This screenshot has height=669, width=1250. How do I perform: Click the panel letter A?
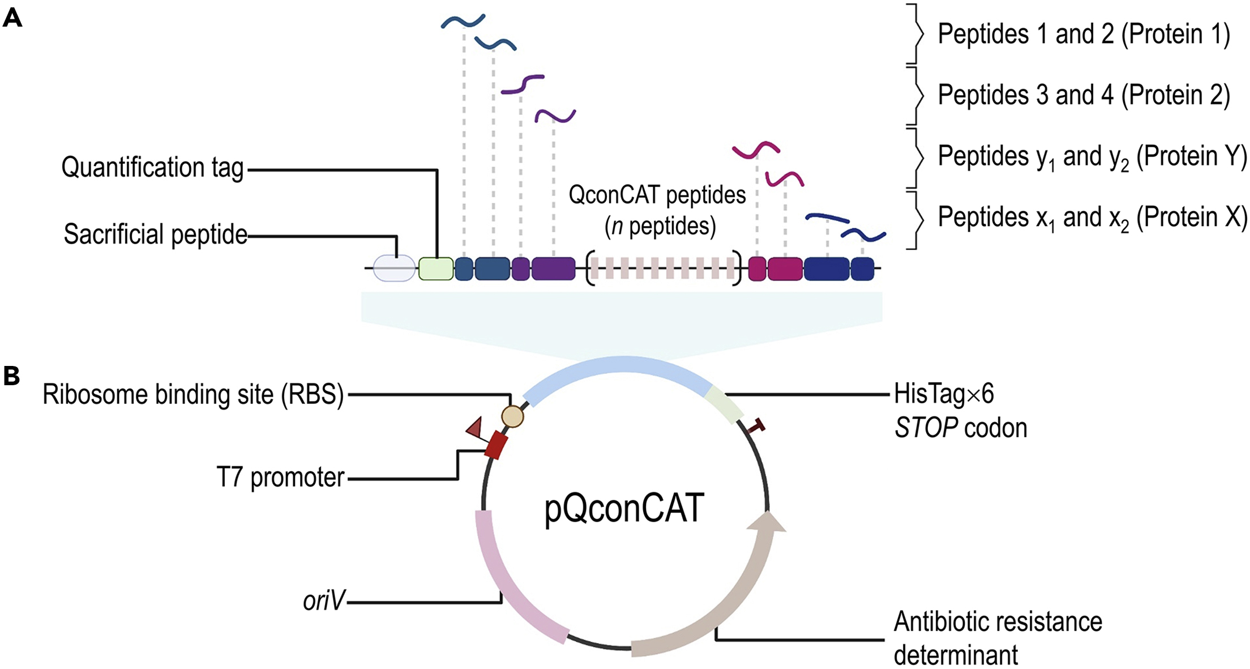click(x=12, y=18)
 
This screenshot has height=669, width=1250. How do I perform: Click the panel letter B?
click(x=11, y=376)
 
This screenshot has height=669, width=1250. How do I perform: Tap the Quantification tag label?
click(x=152, y=168)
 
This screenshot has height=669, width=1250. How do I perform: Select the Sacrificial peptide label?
click(x=155, y=234)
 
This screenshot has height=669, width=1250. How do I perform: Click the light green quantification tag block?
click(x=435, y=269)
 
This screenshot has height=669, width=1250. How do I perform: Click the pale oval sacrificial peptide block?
click(x=395, y=269)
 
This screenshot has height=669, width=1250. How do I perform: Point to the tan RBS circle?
click(x=512, y=417)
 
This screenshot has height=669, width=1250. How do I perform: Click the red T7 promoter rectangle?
click(x=496, y=445)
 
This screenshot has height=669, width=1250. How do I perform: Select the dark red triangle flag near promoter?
click(x=474, y=428)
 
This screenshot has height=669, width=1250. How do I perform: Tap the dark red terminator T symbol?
click(x=756, y=425)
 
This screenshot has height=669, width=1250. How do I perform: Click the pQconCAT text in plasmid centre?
click(x=624, y=508)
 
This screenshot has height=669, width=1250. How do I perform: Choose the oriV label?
click(x=323, y=600)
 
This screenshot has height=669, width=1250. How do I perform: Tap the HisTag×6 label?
click(x=943, y=394)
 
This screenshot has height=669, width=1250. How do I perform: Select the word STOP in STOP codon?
click(x=926, y=428)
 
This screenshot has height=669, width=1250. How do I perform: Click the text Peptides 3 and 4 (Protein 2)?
click(x=1083, y=95)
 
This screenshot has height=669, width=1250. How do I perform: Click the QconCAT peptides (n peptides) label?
click(x=657, y=210)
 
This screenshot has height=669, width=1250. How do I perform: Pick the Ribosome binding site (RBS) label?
click(x=193, y=394)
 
